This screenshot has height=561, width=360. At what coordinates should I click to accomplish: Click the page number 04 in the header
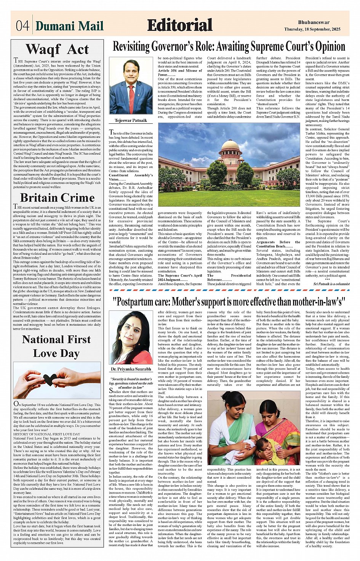tap(22, 26)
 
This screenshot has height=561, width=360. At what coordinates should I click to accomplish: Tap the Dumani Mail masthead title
tap(69, 26)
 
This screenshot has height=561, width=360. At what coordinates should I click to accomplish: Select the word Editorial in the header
tap(179, 25)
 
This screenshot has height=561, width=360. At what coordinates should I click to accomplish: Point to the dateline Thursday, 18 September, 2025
tap(312, 29)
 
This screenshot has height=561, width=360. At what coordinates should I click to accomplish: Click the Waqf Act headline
tap(57, 50)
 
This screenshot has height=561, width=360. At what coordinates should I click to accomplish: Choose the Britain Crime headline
tap(57, 198)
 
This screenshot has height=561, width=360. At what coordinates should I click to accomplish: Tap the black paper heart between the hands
tap(50, 379)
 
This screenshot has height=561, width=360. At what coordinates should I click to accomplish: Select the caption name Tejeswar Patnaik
tap(131, 121)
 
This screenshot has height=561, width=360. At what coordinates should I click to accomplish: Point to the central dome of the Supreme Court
tap(231, 147)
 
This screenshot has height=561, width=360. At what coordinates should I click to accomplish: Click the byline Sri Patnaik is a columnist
tap(331, 284)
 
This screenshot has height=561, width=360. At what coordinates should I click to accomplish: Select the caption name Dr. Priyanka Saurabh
tap(131, 369)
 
